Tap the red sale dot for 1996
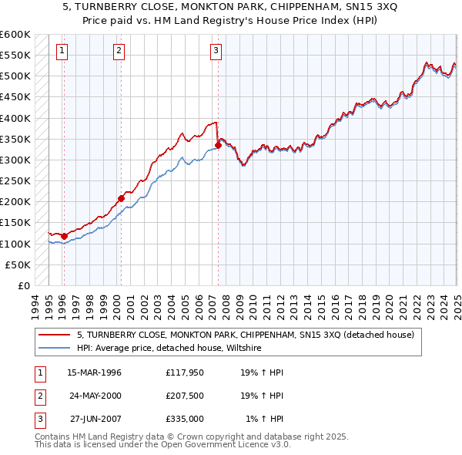point(64,236)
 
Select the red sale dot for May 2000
point(121,198)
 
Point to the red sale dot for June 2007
point(219,145)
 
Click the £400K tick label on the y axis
point(15,118)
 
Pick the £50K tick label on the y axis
point(18,265)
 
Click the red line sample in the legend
point(55,335)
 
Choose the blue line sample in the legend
point(55,348)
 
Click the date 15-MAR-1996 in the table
point(94,372)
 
